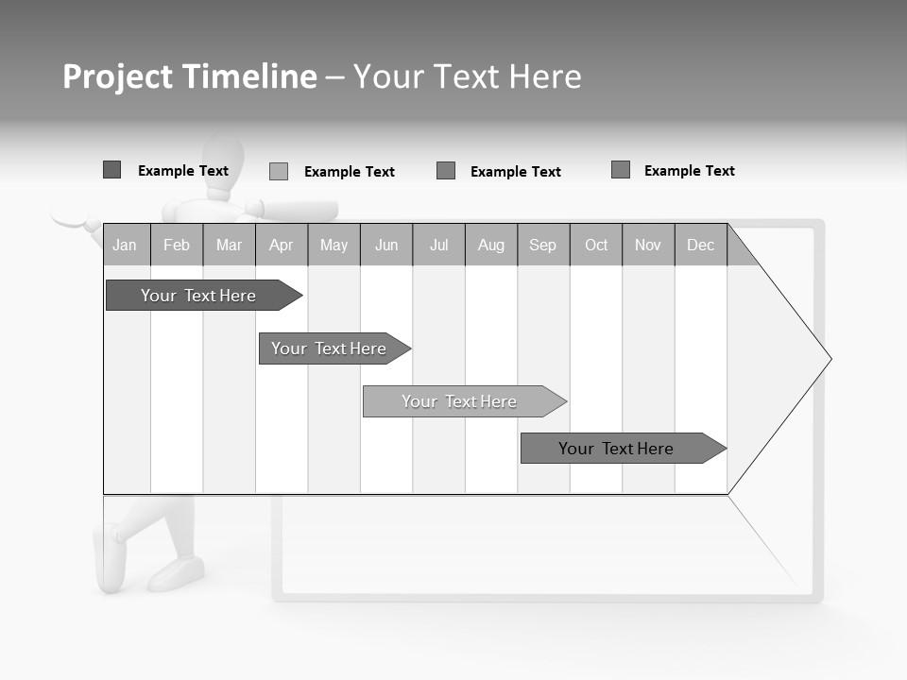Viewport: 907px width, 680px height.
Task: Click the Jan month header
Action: tap(125, 245)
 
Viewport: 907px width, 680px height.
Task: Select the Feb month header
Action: tap(177, 245)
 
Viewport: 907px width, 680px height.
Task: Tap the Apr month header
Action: tap(281, 245)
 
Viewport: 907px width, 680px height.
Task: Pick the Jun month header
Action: tap(386, 245)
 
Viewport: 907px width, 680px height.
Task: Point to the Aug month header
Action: tap(491, 245)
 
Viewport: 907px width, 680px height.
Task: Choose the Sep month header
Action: tap(542, 245)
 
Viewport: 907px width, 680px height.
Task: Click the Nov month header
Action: tap(648, 245)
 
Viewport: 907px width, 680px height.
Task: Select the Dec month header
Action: tap(701, 245)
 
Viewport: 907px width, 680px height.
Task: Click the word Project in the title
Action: tap(118, 76)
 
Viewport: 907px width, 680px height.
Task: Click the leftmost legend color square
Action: tap(111, 170)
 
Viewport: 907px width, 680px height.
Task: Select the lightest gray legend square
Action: tap(279, 171)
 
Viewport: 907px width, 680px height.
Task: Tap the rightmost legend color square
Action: tap(621, 170)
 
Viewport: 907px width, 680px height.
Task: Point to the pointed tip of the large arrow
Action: tap(830, 359)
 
